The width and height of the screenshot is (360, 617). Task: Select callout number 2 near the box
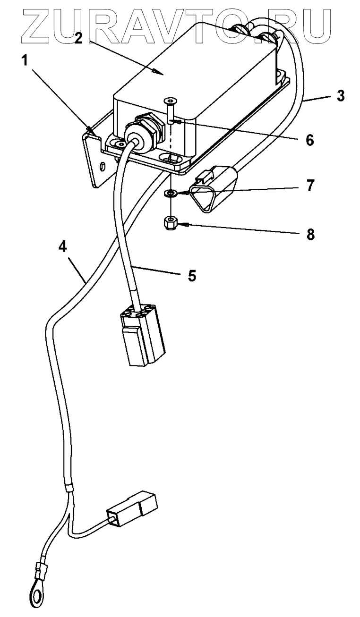point(78,38)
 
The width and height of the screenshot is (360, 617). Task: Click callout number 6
point(309,140)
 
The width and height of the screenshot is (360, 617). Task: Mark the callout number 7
point(309,186)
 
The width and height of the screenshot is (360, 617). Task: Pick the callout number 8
point(310,234)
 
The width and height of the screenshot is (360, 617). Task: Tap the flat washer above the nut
point(171,193)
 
